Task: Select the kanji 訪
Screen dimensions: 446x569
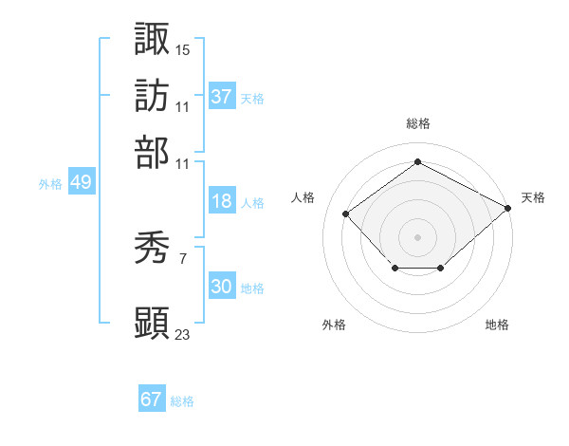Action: pyautogui.click(x=152, y=96)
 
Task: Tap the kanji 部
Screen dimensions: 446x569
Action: pyautogui.click(x=152, y=152)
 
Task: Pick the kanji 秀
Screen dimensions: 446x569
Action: pyautogui.click(x=152, y=249)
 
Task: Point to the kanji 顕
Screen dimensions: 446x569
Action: pyautogui.click(x=152, y=323)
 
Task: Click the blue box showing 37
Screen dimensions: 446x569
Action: pyautogui.click(x=221, y=96)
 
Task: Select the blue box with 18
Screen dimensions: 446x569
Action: pyautogui.click(x=221, y=201)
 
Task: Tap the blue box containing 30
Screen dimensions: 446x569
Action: pyautogui.click(x=221, y=287)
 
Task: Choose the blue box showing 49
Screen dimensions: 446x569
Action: pyautogui.click(x=81, y=182)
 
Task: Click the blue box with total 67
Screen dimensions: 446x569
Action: pyautogui.click(x=151, y=400)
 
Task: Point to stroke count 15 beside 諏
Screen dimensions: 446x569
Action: pyautogui.click(x=183, y=48)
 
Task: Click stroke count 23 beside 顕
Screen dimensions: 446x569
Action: pyautogui.click(x=183, y=334)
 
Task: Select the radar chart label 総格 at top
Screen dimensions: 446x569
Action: pyautogui.click(x=417, y=123)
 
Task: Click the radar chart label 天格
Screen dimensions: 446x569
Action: pyautogui.click(x=533, y=197)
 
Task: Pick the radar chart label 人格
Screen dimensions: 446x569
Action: pyautogui.click(x=303, y=197)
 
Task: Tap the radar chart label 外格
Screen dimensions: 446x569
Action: pyautogui.click(x=334, y=325)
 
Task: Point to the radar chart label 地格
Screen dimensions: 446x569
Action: pyautogui.click(x=497, y=325)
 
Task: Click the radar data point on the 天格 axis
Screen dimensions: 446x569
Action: pyautogui.click(x=509, y=208)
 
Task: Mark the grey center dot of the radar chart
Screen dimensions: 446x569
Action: pyautogui.click(x=417, y=235)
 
